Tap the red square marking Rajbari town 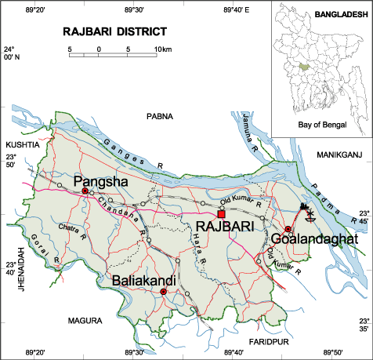(222, 214)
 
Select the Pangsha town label (100, 182)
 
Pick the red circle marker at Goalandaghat (288, 228)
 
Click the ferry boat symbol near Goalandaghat (306, 209)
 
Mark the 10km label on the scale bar (162, 50)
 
